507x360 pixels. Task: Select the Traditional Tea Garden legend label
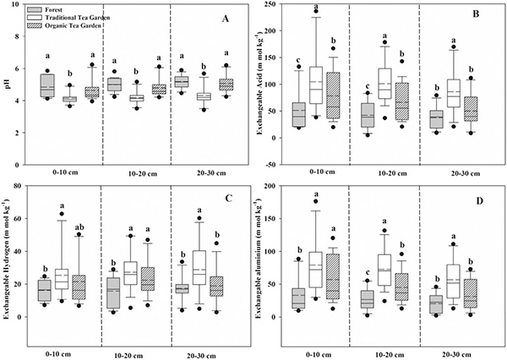coord(83,18)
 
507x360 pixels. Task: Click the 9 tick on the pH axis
coord(25,8)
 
